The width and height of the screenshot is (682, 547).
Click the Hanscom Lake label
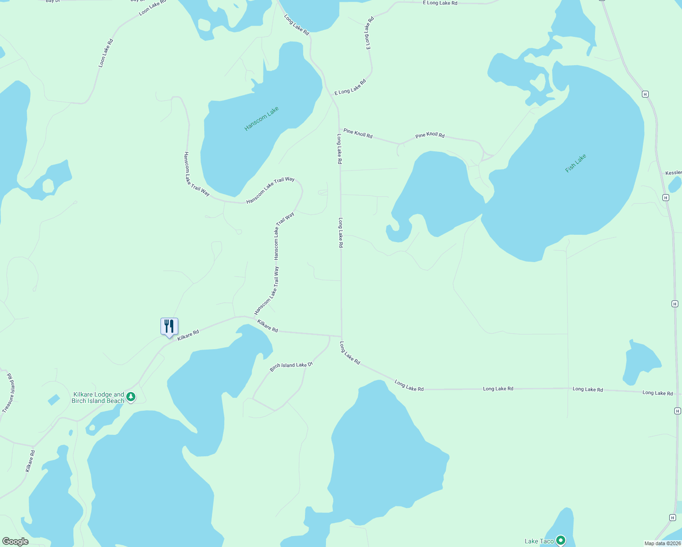pyautogui.click(x=261, y=119)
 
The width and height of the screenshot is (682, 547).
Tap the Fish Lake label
pyautogui.click(x=575, y=163)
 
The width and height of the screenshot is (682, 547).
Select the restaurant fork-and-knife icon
pyautogui.click(x=169, y=326)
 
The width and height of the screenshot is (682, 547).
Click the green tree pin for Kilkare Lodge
pyautogui.click(x=131, y=397)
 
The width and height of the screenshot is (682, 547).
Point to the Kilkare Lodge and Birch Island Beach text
pyautogui.click(x=98, y=397)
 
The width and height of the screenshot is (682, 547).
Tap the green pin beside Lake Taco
pyautogui.click(x=561, y=540)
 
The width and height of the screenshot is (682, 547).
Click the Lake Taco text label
pyautogui.click(x=539, y=541)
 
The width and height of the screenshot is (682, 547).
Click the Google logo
pyautogui.click(x=15, y=542)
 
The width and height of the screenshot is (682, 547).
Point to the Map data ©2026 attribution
pyautogui.click(x=662, y=543)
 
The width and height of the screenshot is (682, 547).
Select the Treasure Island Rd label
pyautogui.click(x=8, y=393)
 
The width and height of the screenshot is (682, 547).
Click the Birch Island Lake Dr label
pyautogui.click(x=291, y=366)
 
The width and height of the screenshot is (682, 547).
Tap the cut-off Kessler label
pyautogui.click(x=673, y=173)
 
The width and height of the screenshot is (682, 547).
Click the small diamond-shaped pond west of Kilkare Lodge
pyautogui.click(x=53, y=400)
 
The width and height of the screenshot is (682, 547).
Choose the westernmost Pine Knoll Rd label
pyautogui.click(x=358, y=133)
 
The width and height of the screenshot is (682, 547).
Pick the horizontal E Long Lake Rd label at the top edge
pyautogui.click(x=440, y=3)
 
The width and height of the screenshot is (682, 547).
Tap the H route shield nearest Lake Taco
pyautogui.click(x=672, y=517)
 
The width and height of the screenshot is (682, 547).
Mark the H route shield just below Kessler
pyautogui.click(x=666, y=197)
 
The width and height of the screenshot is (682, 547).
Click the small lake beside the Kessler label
pyautogui.click(x=675, y=184)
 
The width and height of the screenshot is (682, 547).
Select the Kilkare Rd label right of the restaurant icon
pyautogui.click(x=188, y=335)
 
